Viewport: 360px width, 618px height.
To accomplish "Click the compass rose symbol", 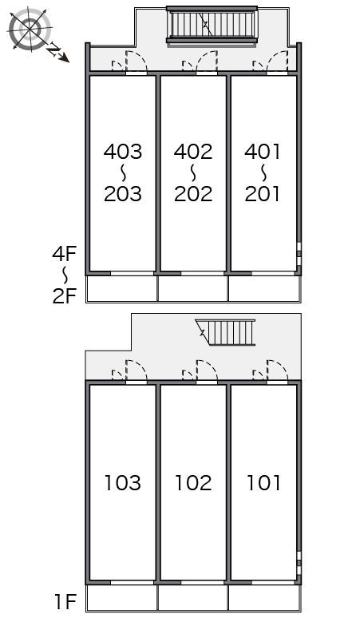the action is coord(30,30).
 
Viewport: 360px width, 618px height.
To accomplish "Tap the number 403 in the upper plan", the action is coord(122,152).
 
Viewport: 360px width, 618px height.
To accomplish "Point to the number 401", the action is coord(263,152).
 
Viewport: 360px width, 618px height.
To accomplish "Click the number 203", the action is coord(122,193).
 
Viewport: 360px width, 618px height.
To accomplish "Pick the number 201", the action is coord(263,193).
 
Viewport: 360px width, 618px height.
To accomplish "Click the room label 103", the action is coord(122,483).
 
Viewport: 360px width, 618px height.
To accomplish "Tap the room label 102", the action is coord(193,483).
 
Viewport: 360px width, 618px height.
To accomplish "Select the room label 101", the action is coord(263,483).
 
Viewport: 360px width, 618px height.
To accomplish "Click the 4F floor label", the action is coord(64,254).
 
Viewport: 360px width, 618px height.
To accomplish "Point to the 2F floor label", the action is coord(64,296).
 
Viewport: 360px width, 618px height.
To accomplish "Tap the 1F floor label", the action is coord(65,602).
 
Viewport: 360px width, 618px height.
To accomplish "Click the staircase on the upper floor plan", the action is coord(212,26).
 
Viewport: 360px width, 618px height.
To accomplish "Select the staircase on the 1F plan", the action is coord(225,332).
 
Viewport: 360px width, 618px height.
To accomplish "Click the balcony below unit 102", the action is coord(193,597).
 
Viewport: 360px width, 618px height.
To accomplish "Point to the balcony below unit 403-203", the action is coord(122,288).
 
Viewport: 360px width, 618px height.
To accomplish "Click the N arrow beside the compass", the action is coord(58,53).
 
